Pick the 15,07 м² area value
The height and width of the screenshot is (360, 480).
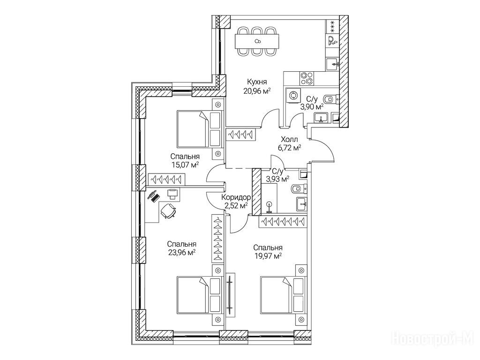click(185, 165)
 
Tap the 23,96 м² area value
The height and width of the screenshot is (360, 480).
click(181, 252)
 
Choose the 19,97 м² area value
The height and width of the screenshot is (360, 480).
click(267, 256)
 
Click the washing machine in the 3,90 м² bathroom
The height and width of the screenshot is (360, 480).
click(294, 95)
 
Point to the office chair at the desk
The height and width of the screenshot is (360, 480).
click(168, 211)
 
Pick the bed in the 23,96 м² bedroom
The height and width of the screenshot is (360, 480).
click(192, 295)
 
